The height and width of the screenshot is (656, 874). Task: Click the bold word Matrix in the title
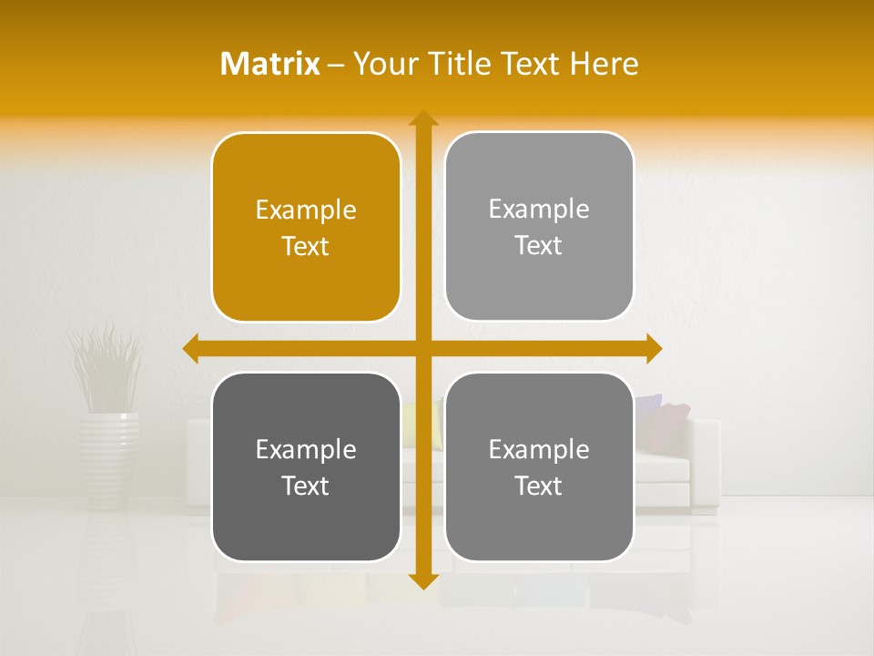(270, 64)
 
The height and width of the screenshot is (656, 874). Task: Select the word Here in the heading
(605, 64)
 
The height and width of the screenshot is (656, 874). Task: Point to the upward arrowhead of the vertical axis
(422, 119)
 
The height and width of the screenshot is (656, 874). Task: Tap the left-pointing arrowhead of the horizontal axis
(191, 348)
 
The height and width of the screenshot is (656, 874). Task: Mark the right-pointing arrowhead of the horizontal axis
(653, 348)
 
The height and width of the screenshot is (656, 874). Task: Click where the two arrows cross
(422, 348)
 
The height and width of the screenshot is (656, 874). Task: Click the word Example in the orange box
(306, 210)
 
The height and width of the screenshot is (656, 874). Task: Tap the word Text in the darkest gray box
(306, 486)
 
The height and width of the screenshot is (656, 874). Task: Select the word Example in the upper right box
(539, 210)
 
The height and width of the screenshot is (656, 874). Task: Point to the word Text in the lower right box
(539, 486)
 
